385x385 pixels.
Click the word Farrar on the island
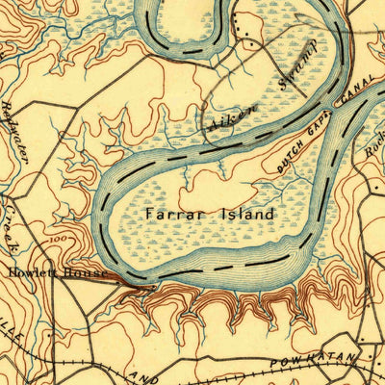tap(171, 213)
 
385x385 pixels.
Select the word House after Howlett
tap(87, 273)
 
